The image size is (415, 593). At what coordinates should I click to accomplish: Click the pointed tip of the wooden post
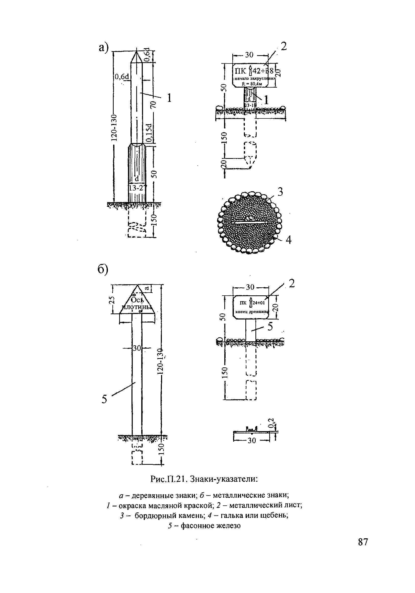[136, 51]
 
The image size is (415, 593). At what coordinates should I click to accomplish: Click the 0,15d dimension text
[149, 133]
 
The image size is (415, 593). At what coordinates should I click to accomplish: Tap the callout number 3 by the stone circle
[280, 192]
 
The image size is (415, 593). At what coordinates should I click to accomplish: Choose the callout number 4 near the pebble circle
[289, 240]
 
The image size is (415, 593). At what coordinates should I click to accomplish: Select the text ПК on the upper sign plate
[240, 71]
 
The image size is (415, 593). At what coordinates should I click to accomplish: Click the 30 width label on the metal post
[136, 348]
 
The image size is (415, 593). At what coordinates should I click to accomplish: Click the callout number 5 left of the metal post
[104, 399]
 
